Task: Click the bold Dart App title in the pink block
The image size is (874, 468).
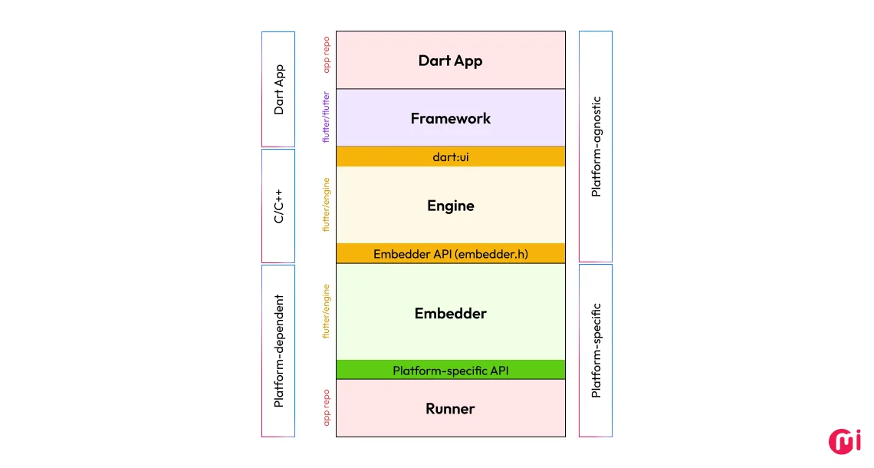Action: click(x=450, y=61)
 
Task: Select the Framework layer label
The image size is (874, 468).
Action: click(x=450, y=118)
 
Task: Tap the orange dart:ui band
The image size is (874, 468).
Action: click(x=450, y=157)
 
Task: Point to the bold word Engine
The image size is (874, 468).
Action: click(x=450, y=206)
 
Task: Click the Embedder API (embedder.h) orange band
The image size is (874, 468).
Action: click(x=450, y=254)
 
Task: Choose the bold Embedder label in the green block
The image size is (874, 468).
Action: click(x=450, y=313)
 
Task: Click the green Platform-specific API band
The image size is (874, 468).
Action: click(x=450, y=371)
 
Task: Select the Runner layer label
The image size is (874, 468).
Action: click(x=450, y=409)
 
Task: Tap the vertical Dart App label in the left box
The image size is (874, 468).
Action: click(x=279, y=89)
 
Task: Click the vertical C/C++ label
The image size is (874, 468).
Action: click(x=279, y=206)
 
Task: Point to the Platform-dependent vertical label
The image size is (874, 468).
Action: click(x=279, y=351)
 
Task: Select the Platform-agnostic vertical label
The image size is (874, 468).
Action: click(x=596, y=146)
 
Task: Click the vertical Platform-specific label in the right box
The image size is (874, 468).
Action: click(x=596, y=350)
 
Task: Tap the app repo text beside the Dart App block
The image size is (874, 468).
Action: click(x=327, y=54)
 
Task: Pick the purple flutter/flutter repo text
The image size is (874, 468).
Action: click(x=327, y=117)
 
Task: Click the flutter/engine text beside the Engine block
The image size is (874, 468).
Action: click(x=327, y=205)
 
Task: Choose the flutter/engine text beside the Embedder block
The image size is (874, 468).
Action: click(x=327, y=311)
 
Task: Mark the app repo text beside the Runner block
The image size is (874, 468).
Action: click(x=327, y=407)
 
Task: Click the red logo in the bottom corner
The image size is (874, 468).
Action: click(x=845, y=441)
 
